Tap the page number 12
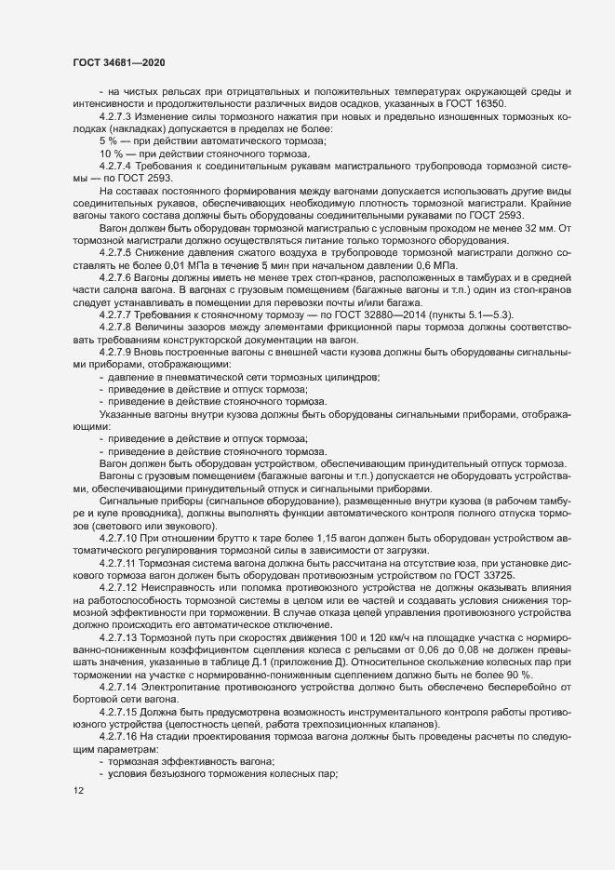(x=77, y=791)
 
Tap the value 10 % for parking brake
(x=111, y=152)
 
